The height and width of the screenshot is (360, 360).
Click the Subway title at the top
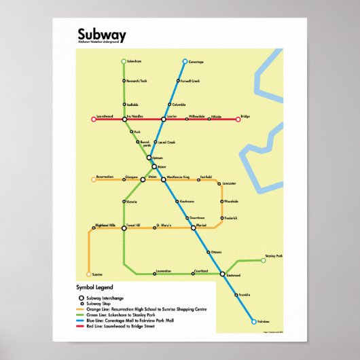point(101,35)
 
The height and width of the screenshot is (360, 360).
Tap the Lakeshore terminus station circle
point(124,62)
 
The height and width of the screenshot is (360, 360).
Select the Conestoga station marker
point(185,62)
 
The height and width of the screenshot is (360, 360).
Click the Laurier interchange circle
point(163,120)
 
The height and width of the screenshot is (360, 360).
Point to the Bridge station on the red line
point(238,120)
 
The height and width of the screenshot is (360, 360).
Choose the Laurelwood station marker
point(94,120)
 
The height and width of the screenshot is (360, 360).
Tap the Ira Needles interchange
point(124,120)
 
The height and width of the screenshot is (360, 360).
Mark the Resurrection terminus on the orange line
point(94,179)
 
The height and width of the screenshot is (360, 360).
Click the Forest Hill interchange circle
point(124,228)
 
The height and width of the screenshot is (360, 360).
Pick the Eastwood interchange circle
point(222,274)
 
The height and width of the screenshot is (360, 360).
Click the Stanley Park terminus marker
point(264,259)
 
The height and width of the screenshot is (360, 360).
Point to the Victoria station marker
point(124,202)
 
